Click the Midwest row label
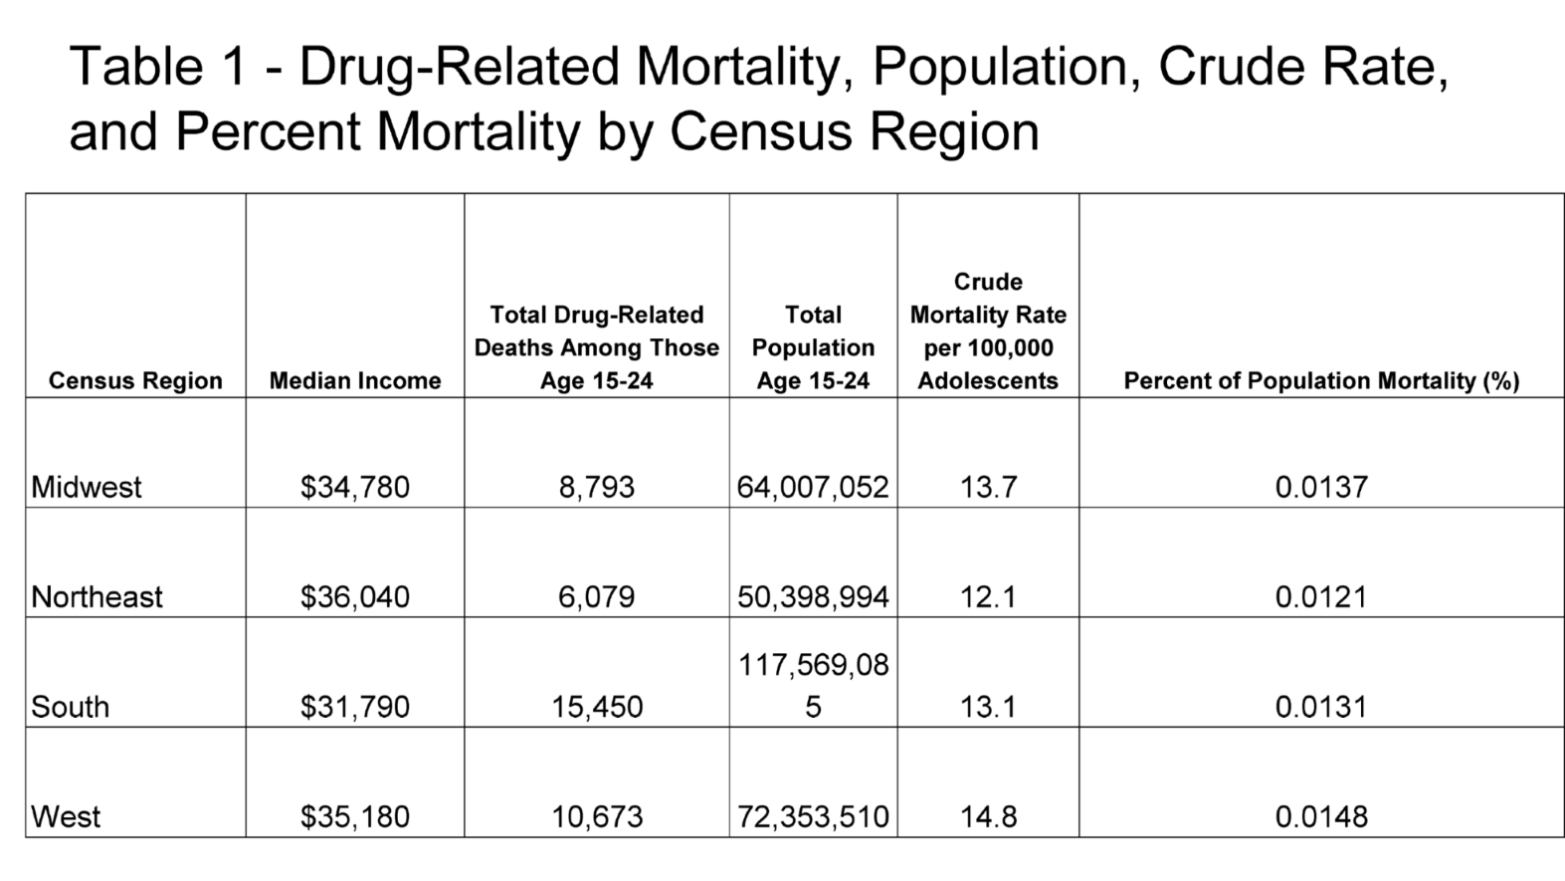pyautogui.click(x=86, y=487)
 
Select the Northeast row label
pyautogui.click(x=97, y=596)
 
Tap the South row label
pyautogui.click(x=70, y=707)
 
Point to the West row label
pyautogui.click(x=66, y=816)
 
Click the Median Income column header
pyautogui.click(x=355, y=380)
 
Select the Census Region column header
pyautogui.click(x=135, y=380)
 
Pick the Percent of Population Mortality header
pyautogui.click(x=1321, y=380)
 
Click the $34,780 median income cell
pyautogui.click(x=355, y=487)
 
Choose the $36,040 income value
pyautogui.click(x=355, y=596)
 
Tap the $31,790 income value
pyautogui.click(x=355, y=707)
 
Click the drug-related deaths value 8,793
pyautogui.click(x=597, y=487)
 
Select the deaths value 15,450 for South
pyautogui.click(x=597, y=707)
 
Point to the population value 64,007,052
pyautogui.click(x=813, y=487)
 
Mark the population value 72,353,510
pyautogui.click(x=813, y=816)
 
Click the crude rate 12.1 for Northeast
pyautogui.click(x=988, y=596)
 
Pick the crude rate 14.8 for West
pyautogui.click(x=988, y=816)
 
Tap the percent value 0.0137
pyautogui.click(x=1321, y=487)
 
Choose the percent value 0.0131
pyautogui.click(x=1321, y=707)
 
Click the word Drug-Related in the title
pyautogui.click(x=459, y=68)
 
